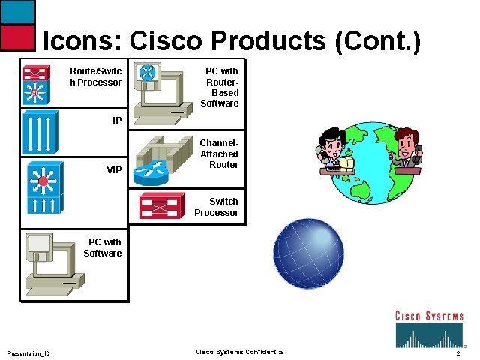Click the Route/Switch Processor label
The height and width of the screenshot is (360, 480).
click(95, 76)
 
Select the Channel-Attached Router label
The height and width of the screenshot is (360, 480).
click(219, 154)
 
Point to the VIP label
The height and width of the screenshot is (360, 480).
click(114, 170)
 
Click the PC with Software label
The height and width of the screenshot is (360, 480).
click(103, 247)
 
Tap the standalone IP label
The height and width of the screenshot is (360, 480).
click(117, 120)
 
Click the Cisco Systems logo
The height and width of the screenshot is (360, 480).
click(429, 328)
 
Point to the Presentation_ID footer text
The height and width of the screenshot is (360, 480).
click(28, 353)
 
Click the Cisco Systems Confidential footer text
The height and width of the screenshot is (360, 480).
click(240, 352)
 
